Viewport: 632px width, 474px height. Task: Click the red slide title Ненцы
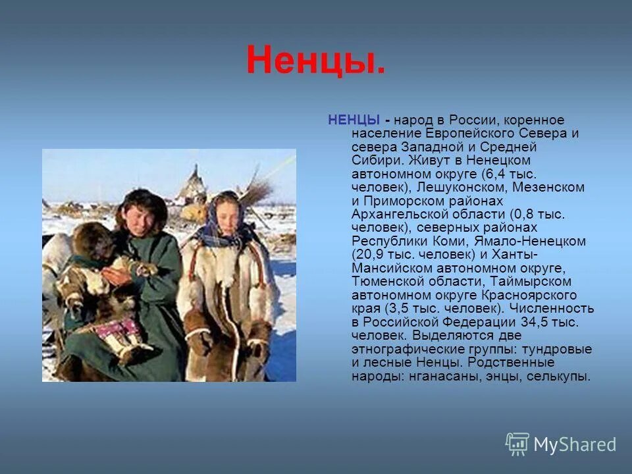[x=316, y=61]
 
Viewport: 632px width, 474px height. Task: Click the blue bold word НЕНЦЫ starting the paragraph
[x=354, y=120]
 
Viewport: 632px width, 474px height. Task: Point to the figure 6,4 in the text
[x=496, y=174]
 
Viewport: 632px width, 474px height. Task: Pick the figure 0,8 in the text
[x=523, y=214]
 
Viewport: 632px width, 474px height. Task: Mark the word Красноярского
[x=535, y=295]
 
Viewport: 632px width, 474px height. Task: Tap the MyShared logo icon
[x=517, y=444]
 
